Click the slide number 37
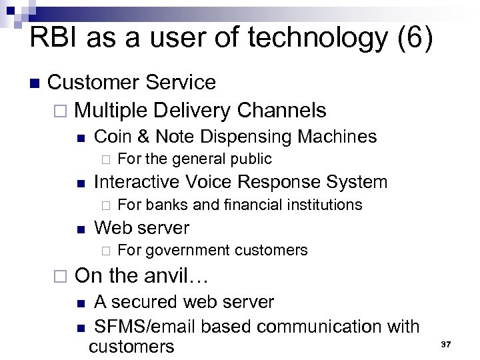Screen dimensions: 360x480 (x=446, y=344)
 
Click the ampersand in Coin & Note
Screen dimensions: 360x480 (x=143, y=137)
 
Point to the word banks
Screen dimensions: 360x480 (x=165, y=204)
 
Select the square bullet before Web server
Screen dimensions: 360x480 (x=80, y=229)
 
